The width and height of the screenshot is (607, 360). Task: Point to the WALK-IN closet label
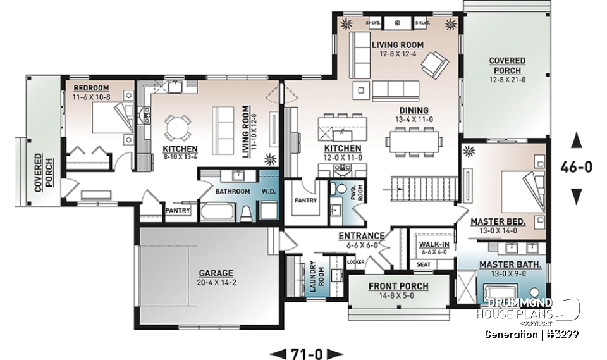[433, 243]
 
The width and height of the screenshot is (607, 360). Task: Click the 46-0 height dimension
[576, 167]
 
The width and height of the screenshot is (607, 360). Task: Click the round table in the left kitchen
[177, 128]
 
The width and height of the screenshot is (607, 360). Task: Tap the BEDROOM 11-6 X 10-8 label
[91, 92]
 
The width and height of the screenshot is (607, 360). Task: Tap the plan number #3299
[563, 333]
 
